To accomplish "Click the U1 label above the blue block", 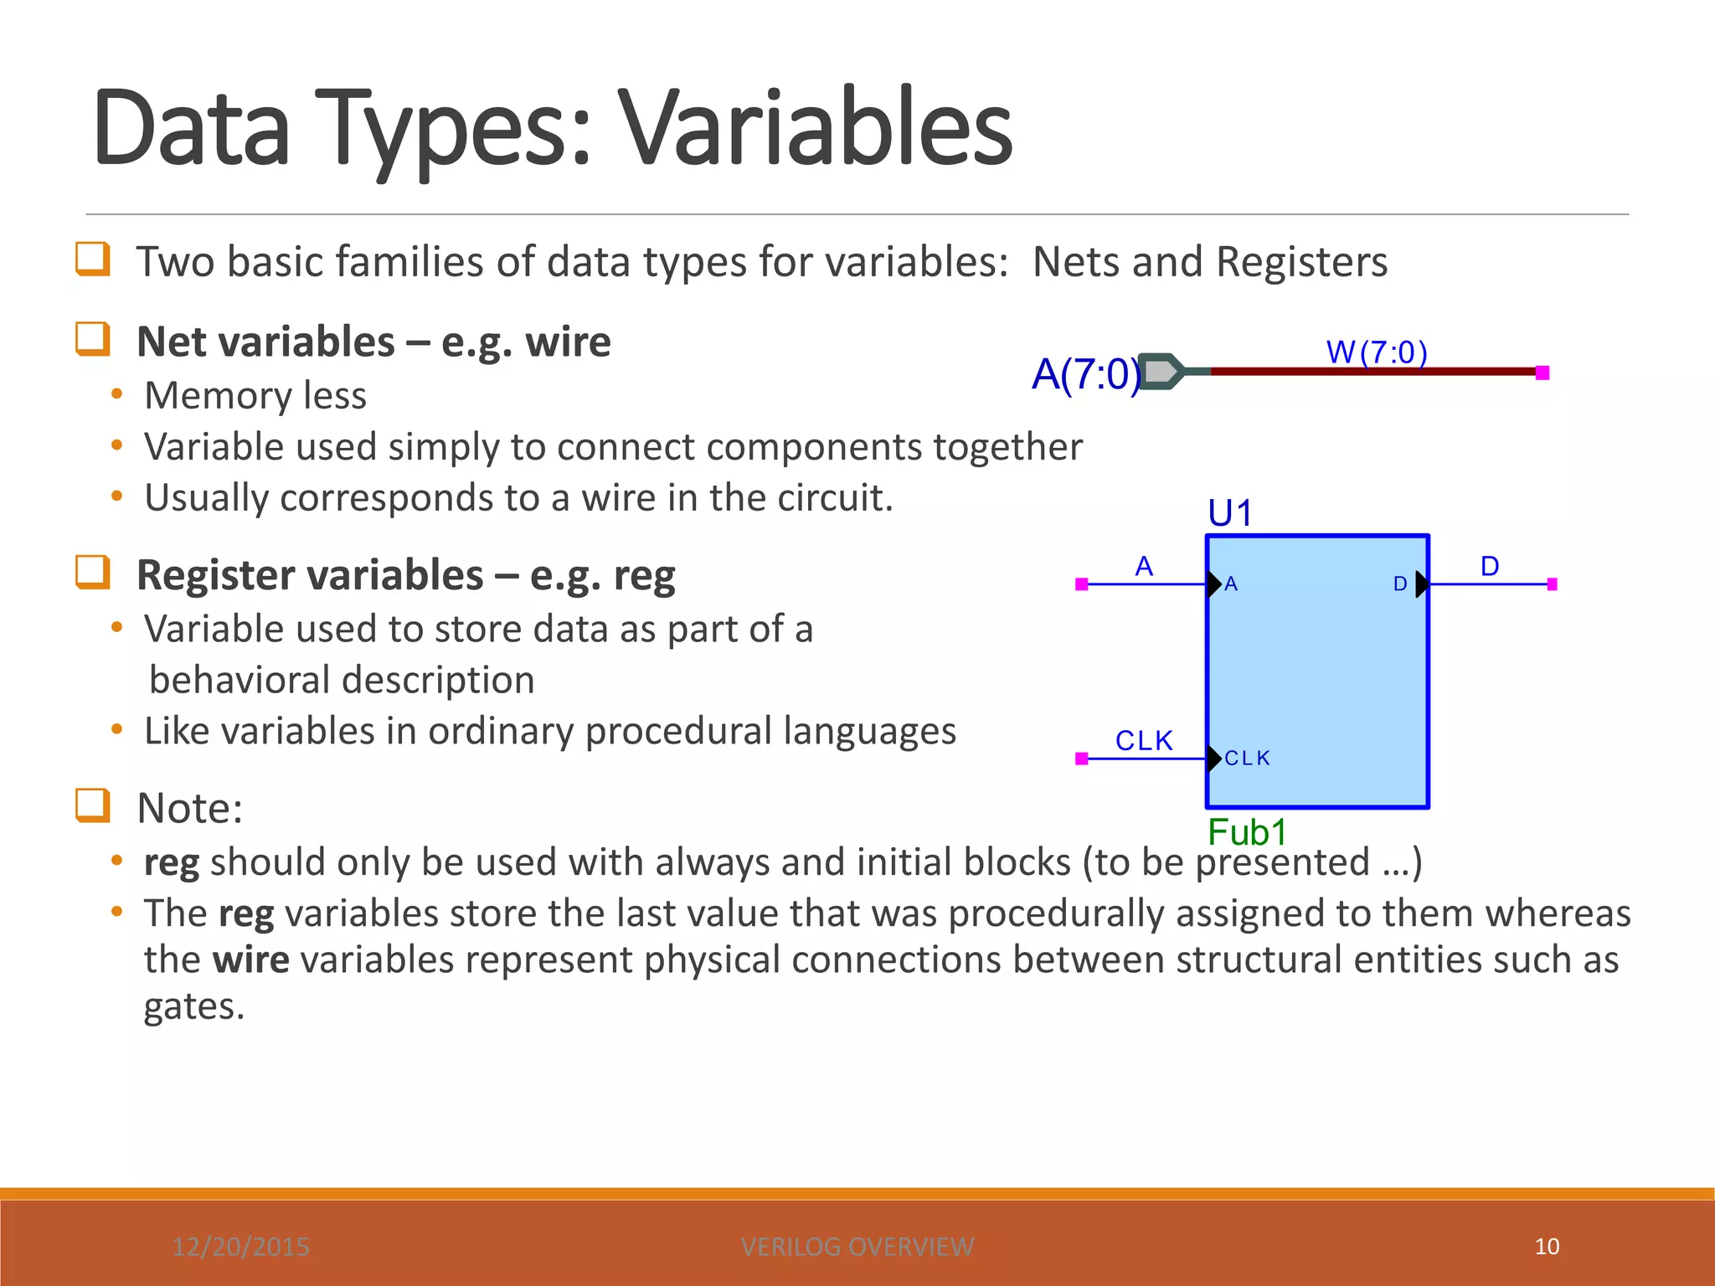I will pos(1229,512).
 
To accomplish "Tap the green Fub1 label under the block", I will pos(1247,832).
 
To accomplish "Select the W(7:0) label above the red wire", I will pos(1376,352).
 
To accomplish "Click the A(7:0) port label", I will pos(1085,374).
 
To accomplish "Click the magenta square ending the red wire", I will pos(1542,373).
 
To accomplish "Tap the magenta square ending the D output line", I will pos(1552,584).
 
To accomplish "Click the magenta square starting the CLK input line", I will pos(1081,759).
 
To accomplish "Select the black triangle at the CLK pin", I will pos(1213,759).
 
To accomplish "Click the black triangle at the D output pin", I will pos(1421,584).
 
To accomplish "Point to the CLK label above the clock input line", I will pos(1144,740).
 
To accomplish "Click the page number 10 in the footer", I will pos(1547,1247).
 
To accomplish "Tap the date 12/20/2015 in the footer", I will pos(241,1247).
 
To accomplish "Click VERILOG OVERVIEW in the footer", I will pos(857,1247).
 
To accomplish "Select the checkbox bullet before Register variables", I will pos(92,574).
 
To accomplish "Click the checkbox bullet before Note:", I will pos(92,806).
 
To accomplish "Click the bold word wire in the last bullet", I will pos(250,959).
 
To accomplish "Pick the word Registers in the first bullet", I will pos(1301,261).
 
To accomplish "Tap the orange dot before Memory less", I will pos(117,394).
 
